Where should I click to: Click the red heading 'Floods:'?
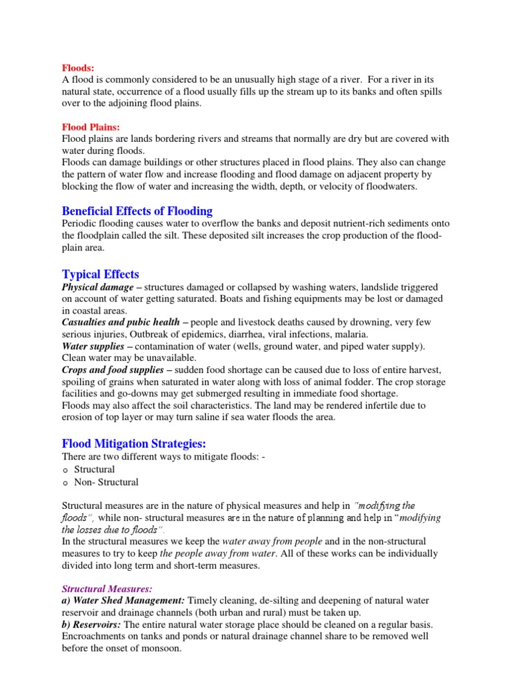pyautogui.click(x=78, y=67)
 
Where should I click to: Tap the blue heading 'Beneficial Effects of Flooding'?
pyautogui.click(x=137, y=211)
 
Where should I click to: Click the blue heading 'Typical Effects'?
pyautogui.click(x=101, y=274)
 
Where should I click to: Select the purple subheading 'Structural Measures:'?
pyautogui.click(x=107, y=589)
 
